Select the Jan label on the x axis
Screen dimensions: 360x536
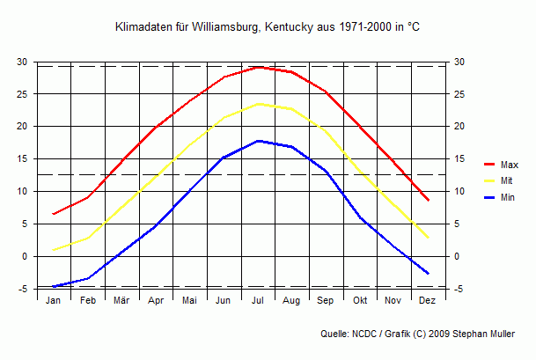(x=53, y=301)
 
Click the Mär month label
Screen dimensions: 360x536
(x=121, y=301)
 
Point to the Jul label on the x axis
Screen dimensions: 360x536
(x=258, y=301)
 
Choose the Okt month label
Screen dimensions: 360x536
(x=360, y=301)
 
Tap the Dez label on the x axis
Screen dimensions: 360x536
(x=428, y=301)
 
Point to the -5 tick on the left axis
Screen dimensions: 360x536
(x=24, y=289)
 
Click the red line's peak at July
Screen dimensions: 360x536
(x=258, y=67)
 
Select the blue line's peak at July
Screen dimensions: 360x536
(x=258, y=141)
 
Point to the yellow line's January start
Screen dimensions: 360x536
(x=54, y=250)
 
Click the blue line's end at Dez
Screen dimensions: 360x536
(x=428, y=274)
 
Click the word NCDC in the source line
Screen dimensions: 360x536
(x=366, y=334)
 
